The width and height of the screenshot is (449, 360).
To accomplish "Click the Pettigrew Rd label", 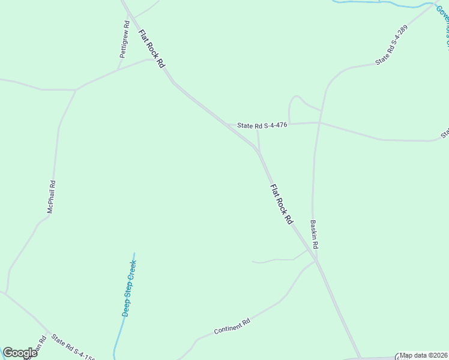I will click(125, 40).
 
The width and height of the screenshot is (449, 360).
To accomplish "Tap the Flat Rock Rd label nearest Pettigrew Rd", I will click(152, 49).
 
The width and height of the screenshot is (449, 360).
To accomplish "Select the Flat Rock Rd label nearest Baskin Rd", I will click(281, 205).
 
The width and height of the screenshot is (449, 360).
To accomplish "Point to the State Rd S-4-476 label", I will click(262, 125).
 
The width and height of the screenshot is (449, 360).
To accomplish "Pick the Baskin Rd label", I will click(314, 235).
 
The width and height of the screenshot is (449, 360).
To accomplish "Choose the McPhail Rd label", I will click(52, 197).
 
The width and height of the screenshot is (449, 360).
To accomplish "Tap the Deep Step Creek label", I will click(130, 288).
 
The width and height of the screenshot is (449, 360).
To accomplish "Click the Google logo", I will click(20, 353).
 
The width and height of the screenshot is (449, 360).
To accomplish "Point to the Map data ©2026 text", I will click(424, 355).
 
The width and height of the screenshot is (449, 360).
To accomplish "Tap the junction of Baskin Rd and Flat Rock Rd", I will click(316, 261).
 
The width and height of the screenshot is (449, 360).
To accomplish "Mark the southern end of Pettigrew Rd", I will click(118, 69).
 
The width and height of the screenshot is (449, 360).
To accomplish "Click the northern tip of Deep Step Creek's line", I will click(134, 253).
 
